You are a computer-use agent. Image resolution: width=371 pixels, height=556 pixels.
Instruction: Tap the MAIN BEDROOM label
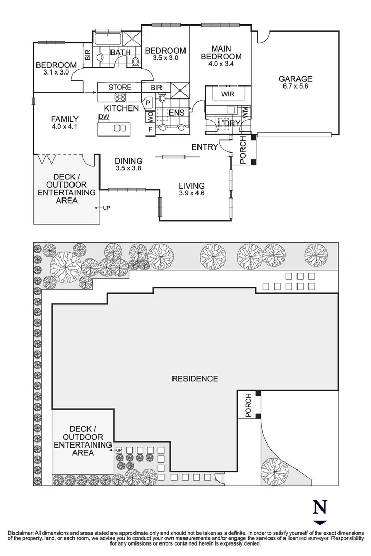pos(221,53)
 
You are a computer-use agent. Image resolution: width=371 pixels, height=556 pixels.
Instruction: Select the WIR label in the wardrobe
pos(228,94)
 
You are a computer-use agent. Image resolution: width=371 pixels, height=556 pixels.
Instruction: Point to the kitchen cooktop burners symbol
pos(120,97)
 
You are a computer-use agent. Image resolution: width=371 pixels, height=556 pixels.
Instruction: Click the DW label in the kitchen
pos(103,117)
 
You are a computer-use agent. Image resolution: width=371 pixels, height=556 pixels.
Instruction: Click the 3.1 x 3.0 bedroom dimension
pos(56,72)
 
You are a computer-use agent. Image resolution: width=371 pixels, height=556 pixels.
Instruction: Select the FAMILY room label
pos(65,118)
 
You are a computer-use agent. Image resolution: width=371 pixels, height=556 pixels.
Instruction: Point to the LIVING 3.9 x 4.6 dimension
pos(191,193)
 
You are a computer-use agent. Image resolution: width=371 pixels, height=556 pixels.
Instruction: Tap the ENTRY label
pos(204,147)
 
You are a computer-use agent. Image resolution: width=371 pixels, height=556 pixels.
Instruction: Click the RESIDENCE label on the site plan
pos(195,378)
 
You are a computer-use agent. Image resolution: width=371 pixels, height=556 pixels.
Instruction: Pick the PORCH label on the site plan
pos(248,406)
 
